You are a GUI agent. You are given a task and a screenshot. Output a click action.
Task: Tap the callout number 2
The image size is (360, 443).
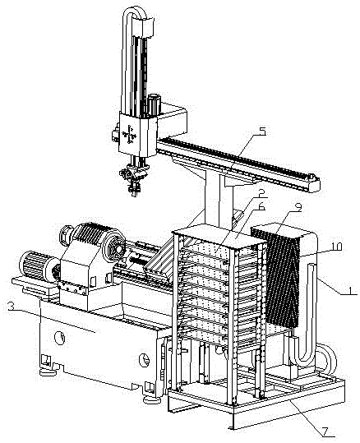tap(261, 193)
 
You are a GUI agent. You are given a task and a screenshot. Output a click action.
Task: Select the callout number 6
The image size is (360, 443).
tap(261, 206)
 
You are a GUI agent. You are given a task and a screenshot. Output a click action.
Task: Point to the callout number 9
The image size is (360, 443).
tap(298, 208)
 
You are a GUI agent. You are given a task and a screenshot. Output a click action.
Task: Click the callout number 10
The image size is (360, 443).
tap(335, 247)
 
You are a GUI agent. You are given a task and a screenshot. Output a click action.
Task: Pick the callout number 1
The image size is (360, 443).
tap(350, 290)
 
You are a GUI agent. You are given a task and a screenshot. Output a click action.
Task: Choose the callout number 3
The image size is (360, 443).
tap(11, 307)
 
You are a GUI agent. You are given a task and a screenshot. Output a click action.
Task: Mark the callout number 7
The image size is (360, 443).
tap(325, 431)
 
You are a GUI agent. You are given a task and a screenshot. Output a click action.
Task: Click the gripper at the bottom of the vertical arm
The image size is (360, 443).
tap(134, 178)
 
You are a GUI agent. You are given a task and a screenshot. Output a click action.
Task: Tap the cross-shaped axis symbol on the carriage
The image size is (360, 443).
tap(129, 134)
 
